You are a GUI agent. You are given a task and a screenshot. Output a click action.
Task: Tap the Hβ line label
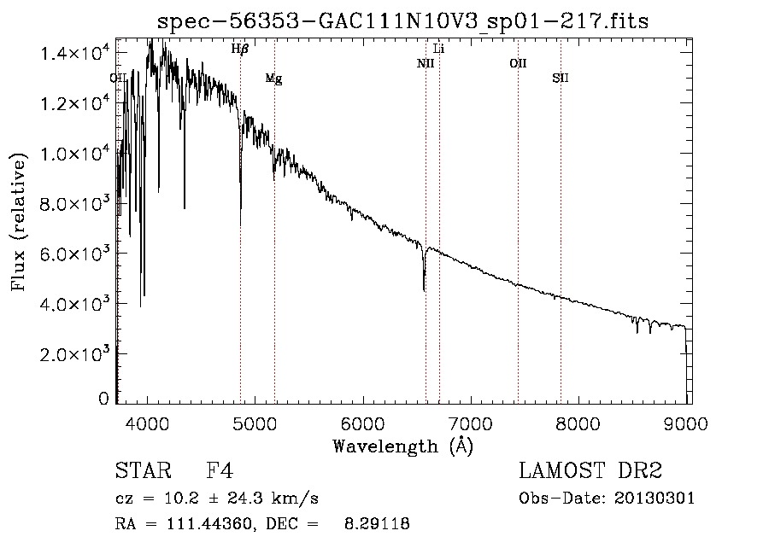point(240,50)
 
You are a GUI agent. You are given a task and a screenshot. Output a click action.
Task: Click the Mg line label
point(273,79)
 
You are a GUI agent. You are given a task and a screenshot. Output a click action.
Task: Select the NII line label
point(426,63)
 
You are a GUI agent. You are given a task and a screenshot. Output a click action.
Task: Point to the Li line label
point(439,49)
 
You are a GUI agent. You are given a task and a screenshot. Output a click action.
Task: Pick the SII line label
point(561,79)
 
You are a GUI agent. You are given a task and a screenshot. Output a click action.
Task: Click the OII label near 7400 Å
point(518,63)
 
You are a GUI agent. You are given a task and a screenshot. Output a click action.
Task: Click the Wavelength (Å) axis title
point(402,446)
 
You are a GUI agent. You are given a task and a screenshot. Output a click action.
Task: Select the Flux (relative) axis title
point(21,220)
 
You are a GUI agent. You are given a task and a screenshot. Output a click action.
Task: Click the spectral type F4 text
point(220,472)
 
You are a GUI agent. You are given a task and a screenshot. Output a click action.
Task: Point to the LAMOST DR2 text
point(590,472)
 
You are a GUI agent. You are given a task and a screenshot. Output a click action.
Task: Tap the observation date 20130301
point(658,499)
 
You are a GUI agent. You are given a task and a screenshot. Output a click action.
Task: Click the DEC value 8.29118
point(376,524)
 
